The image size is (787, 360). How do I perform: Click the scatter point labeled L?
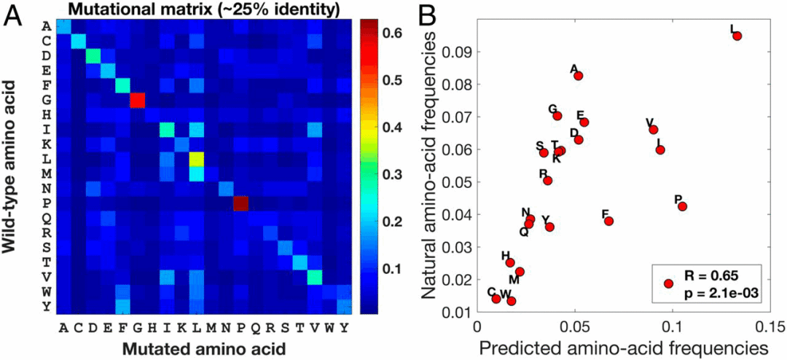737,36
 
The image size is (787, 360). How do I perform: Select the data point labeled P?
683,206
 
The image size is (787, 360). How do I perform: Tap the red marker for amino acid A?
579,76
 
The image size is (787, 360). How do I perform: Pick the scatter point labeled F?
609,221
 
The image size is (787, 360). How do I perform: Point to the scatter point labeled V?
653,130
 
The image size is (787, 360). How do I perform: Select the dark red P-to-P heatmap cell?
240,204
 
